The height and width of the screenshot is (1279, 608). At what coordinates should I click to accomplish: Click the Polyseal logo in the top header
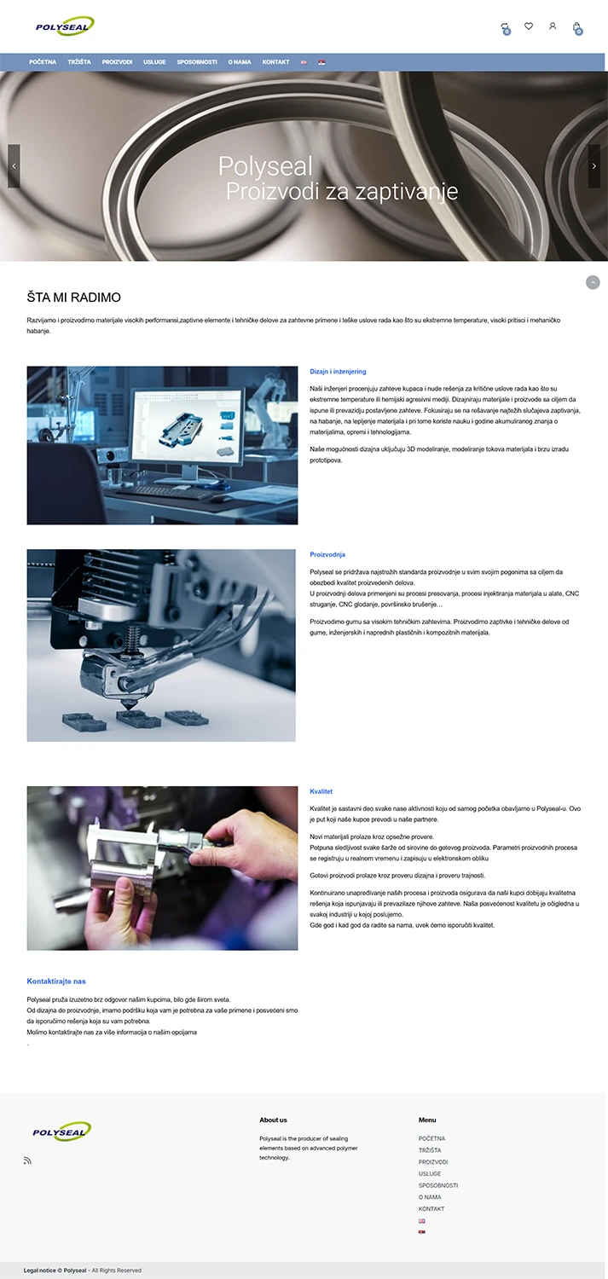tap(65, 26)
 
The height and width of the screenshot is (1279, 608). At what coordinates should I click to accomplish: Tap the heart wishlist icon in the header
tap(529, 26)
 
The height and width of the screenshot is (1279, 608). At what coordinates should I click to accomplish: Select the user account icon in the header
tap(553, 26)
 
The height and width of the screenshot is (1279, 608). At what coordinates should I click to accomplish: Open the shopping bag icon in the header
tap(576, 26)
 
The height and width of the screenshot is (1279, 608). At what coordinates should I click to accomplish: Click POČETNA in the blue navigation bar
tap(43, 62)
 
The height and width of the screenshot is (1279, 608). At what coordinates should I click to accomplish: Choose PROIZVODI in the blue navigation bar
tap(117, 62)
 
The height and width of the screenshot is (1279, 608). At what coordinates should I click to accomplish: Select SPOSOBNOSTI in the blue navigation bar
tap(197, 62)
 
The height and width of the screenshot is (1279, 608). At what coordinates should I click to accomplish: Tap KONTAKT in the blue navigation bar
tap(275, 62)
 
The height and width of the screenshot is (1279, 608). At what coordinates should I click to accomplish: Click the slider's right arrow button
tap(594, 166)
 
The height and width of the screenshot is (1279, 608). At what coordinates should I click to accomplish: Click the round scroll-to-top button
tap(593, 282)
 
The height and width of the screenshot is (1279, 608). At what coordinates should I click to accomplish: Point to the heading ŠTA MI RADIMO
tap(74, 298)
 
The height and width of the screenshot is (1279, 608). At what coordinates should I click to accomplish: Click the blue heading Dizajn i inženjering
tap(338, 372)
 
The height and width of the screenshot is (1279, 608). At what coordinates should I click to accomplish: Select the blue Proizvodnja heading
tap(327, 555)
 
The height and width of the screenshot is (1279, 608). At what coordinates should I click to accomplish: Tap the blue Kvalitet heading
tap(321, 792)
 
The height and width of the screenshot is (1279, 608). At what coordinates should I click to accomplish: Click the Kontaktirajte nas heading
tap(56, 981)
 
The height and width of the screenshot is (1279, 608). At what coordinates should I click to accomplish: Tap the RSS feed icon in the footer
tap(27, 1160)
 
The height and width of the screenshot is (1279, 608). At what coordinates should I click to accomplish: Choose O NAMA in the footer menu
tap(430, 1197)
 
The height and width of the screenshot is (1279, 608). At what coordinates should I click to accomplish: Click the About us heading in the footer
tap(273, 1120)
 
